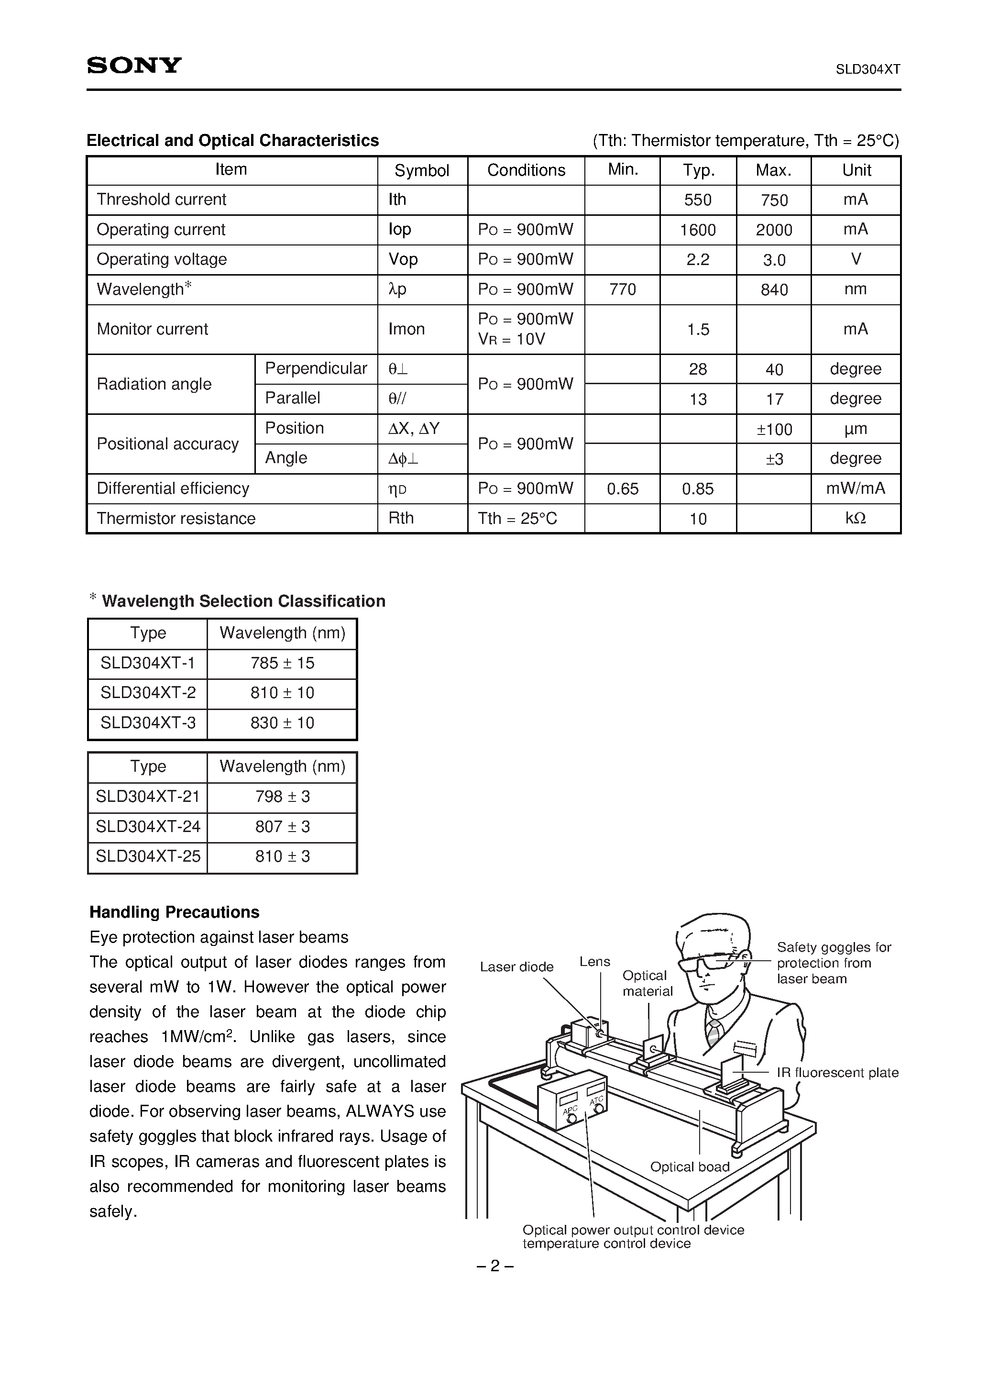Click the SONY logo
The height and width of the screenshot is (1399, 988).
pos(134,65)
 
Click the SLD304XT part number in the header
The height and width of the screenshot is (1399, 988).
pos(867,69)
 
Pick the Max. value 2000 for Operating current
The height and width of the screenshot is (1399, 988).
pos(774,230)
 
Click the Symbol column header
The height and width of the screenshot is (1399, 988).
pos(421,171)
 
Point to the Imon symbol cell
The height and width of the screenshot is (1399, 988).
pos(406,329)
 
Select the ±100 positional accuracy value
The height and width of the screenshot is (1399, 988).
pos(774,430)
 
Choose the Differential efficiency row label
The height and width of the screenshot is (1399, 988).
pos(173,489)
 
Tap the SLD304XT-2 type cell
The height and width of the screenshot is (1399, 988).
pos(148,693)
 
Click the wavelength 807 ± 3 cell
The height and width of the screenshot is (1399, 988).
pos(283,827)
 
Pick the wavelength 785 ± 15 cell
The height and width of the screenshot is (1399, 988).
pos(283,663)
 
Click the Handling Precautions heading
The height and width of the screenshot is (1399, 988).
pos(174,912)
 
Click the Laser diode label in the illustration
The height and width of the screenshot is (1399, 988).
pos(516,967)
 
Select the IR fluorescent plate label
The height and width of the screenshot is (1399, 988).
pos(837,1072)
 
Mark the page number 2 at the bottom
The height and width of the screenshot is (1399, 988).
pos(494,1266)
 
